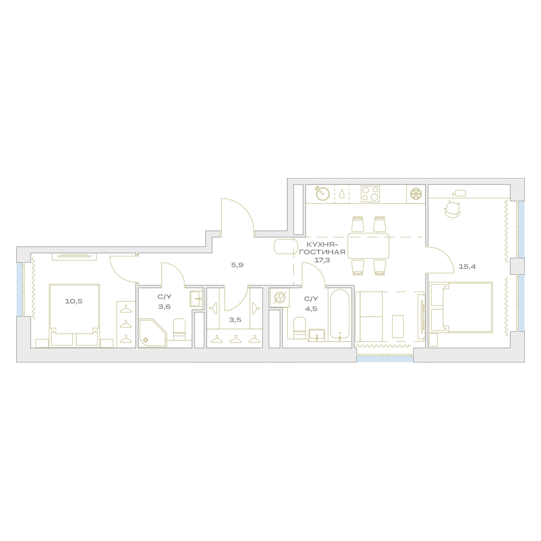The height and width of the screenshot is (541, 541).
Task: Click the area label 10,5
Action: [x=74, y=301]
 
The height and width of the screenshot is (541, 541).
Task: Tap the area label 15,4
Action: [x=467, y=266]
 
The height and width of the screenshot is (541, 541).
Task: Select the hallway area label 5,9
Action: [x=237, y=265]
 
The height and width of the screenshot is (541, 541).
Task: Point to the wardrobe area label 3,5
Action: [x=235, y=320]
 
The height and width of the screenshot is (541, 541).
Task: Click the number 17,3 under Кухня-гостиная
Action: [x=322, y=260]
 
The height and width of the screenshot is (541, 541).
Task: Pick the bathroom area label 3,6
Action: [x=164, y=306]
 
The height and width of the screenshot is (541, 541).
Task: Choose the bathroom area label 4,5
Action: [x=311, y=309]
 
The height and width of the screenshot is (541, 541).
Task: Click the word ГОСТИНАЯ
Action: [x=322, y=252]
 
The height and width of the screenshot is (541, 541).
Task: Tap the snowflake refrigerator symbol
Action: [x=416, y=194]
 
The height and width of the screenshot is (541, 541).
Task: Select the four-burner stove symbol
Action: [x=370, y=194]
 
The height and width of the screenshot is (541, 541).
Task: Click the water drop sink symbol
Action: [x=341, y=194]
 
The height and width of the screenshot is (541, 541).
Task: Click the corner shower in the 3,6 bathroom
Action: [x=153, y=333]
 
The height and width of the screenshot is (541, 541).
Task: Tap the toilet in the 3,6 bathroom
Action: [x=179, y=329]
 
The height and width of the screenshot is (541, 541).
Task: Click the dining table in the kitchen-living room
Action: [x=368, y=246]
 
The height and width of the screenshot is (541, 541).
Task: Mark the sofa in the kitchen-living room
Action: [x=369, y=316]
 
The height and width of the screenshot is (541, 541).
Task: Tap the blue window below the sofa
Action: [x=385, y=359]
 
